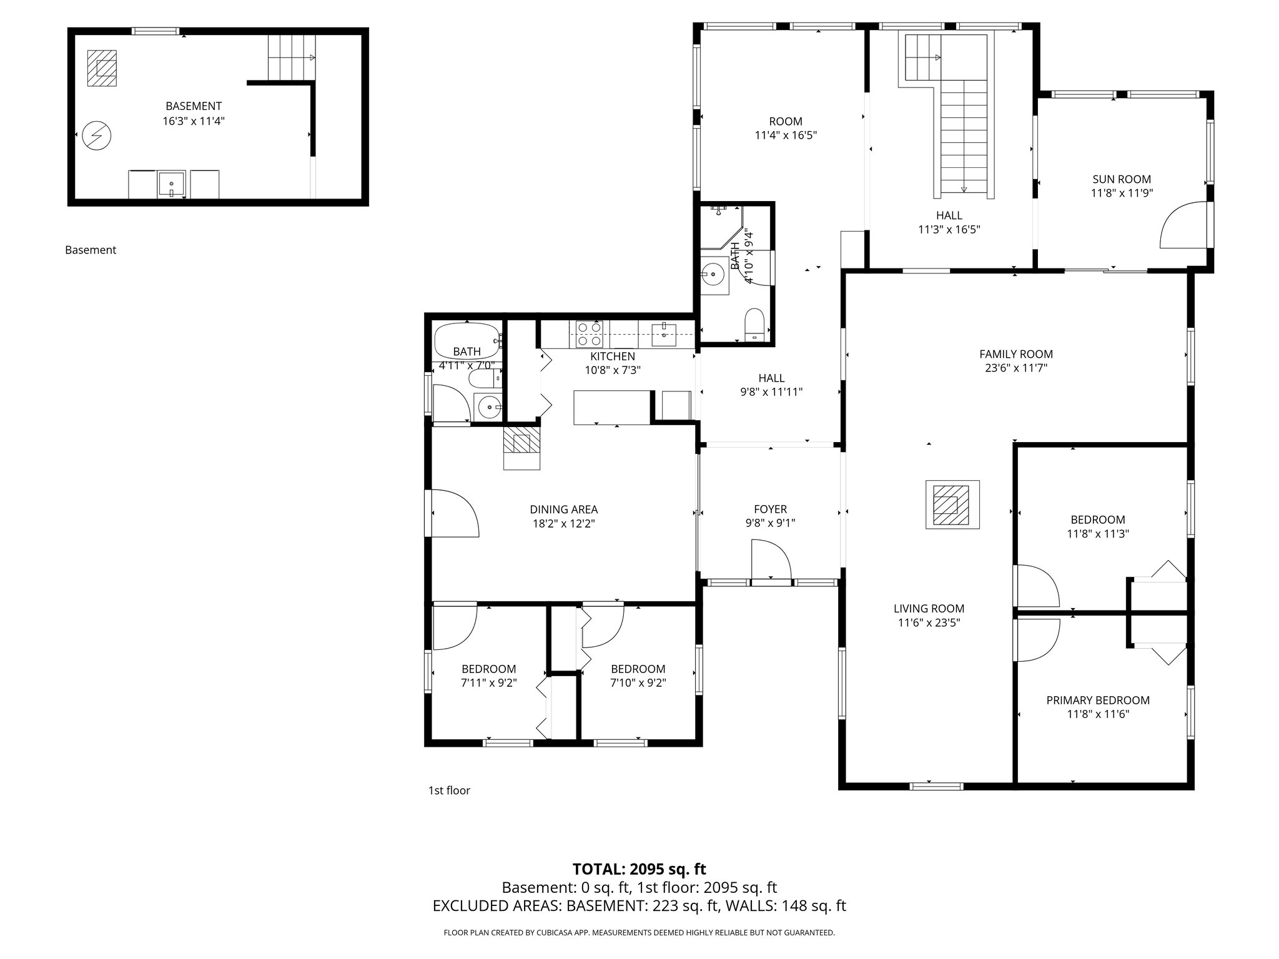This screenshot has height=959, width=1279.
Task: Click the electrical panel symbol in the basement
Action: [x=97, y=135]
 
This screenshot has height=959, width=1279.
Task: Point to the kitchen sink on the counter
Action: [x=663, y=335]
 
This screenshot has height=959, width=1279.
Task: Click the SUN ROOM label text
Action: [x=1121, y=179]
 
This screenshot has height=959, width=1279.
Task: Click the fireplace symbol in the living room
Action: [x=952, y=504]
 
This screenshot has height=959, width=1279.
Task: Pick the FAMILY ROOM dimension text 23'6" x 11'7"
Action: [x=1015, y=368]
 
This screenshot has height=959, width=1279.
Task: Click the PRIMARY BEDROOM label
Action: [x=1097, y=700]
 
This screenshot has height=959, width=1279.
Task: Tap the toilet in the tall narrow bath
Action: [x=754, y=323]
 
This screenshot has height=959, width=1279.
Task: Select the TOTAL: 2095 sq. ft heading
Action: [x=639, y=868]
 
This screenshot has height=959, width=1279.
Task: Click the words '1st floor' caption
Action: [x=448, y=790]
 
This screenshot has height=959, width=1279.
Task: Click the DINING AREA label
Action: [x=563, y=509]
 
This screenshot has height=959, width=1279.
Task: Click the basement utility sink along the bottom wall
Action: [x=171, y=184]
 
